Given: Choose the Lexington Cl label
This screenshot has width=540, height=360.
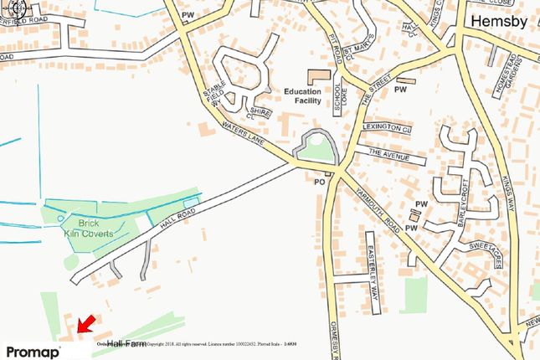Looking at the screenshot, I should click(387, 128).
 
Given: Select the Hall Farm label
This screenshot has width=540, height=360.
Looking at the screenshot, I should click(126, 343).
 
